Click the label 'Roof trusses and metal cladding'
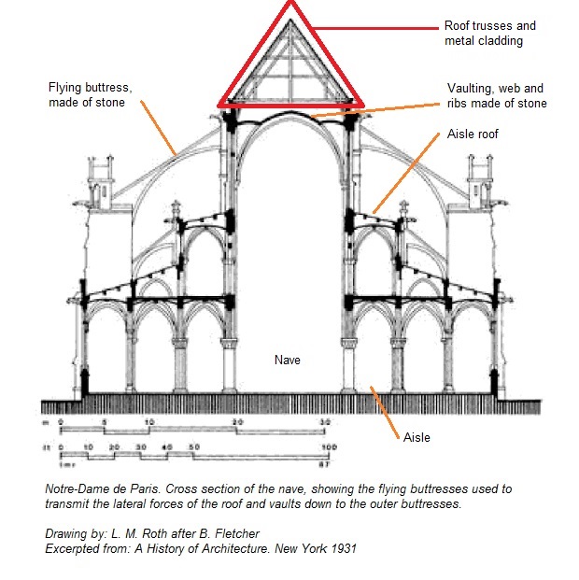[x=489, y=34]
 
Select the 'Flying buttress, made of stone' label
[x=90, y=94]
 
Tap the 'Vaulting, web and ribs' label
[x=497, y=95]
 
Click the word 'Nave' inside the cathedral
[x=286, y=359]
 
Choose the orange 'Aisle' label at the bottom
[x=417, y=437]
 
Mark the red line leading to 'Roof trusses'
[x=374, y=27]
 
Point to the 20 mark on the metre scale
[x=237, y=421]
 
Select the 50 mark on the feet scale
[x=194, y=448]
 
